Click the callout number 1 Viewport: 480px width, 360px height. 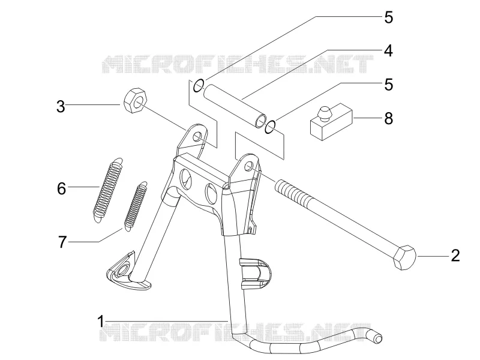click(101, 322)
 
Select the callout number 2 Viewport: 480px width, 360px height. click(455, 256)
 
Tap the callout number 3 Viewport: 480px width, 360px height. click(61, 107)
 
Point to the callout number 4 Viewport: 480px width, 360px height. click(388, 50)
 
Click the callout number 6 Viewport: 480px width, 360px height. click(62, 188)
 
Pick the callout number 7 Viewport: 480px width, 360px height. click(62, 242)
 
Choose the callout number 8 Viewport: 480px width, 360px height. click(388, 118)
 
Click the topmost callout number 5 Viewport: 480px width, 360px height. click(388, 17)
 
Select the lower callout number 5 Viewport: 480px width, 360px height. click(388, 85)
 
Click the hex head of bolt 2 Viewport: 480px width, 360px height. click(405, 257)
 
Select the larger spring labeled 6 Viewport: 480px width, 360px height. click(109, 190)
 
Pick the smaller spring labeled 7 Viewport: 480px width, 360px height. click(136, 206)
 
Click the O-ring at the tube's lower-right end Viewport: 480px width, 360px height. click(271, 127)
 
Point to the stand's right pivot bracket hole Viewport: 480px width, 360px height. click(249, 166)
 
